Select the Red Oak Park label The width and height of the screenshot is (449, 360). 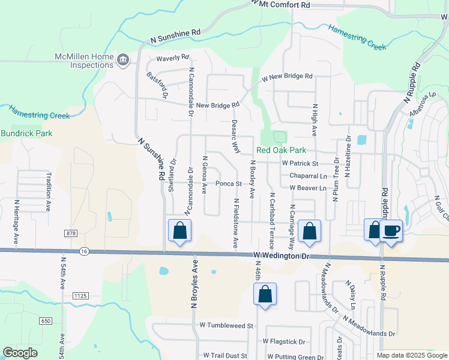coord(282,150)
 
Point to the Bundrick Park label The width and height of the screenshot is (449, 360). coord(26,133)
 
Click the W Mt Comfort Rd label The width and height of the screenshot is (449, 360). coord(281,4)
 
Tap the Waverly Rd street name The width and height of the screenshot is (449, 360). coord(173,58)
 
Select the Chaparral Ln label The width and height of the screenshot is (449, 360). coord(308,176)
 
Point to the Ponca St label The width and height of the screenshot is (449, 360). coord(228,184)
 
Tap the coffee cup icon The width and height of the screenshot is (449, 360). coord(391,230)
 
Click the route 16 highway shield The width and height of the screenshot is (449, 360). coord(88,252)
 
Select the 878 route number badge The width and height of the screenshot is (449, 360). coord(72,232)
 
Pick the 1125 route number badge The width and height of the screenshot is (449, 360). coord(80,295)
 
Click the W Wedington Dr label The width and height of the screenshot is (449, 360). coord(280,256)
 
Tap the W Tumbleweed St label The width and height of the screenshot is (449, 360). coord(228,325)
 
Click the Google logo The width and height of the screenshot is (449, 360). coord(20,353)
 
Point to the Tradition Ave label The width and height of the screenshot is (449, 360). coord(49,192)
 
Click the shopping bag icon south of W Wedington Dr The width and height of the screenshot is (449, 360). coord(265,295)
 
